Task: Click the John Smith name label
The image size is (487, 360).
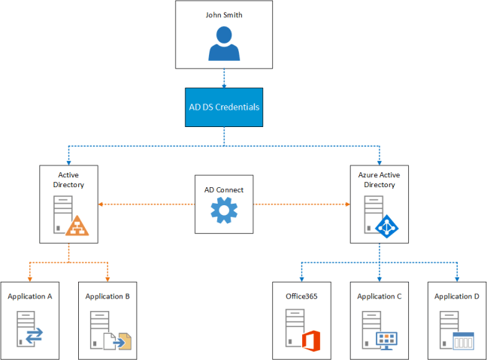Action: (x=223, y=14)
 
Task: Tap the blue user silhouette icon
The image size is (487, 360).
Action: (x=223, y=43)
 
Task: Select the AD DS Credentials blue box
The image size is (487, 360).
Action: (x=223, y=107)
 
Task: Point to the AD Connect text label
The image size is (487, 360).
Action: (x=224, y=190)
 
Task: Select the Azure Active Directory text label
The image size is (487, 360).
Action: (x=379, y=179)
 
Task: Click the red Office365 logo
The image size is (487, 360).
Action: (x=311, y=340)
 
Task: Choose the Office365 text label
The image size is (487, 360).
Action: (x=301, y=296)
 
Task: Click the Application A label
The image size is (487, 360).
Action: (x=29, y=296)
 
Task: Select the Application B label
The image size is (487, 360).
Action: (x=107, y=296)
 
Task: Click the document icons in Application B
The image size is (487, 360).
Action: (x=118, y=341)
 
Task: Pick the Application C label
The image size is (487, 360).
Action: (x=379, y=296)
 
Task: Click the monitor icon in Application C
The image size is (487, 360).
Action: (x=386, y=340)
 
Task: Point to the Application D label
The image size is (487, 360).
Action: (x=456, y=296)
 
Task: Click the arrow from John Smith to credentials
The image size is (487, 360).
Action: (x=223, y=77)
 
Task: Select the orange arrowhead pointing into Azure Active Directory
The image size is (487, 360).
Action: (x=347, y=204)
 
